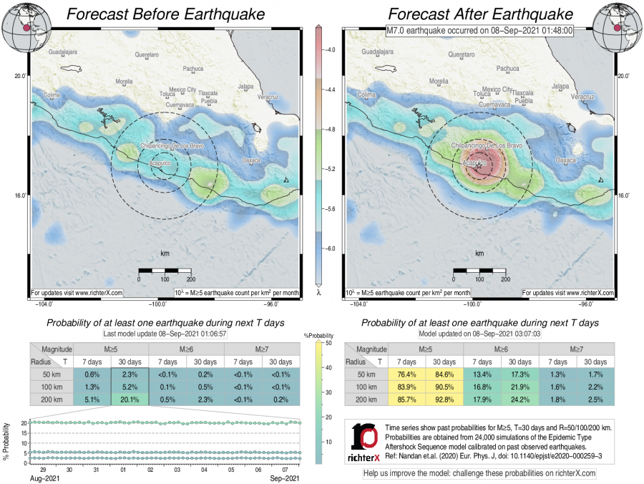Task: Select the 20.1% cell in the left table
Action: point(129,400)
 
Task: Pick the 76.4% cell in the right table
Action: point(403,374)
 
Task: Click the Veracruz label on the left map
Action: point(267,96)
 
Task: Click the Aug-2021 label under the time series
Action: point(45,478)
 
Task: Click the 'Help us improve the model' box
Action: point(479,473)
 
